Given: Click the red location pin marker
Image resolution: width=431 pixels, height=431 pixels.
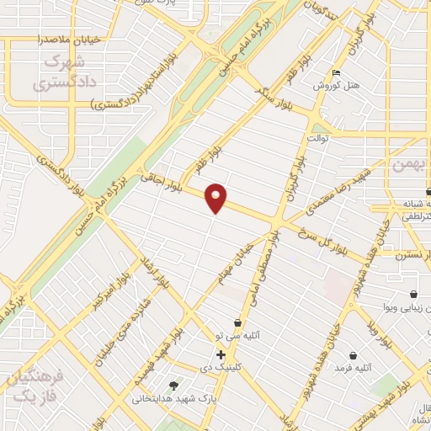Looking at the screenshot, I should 216,197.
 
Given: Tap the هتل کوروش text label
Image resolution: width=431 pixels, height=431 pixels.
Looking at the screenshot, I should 337,86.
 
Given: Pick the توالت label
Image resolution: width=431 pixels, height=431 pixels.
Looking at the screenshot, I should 317,137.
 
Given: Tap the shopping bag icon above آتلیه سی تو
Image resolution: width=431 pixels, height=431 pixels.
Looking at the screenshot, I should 238,322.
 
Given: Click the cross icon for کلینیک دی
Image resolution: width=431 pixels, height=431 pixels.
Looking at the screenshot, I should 221,355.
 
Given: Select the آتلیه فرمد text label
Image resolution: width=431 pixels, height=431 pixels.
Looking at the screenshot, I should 353,368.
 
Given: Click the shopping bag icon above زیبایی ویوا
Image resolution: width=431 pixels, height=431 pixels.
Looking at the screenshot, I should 413,295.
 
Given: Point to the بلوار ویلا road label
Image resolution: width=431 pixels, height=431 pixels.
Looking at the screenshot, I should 380,332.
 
